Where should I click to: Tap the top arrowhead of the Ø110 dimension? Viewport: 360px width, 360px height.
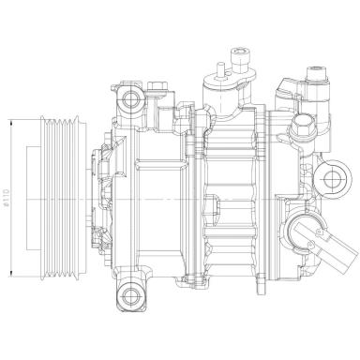(8, 120)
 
